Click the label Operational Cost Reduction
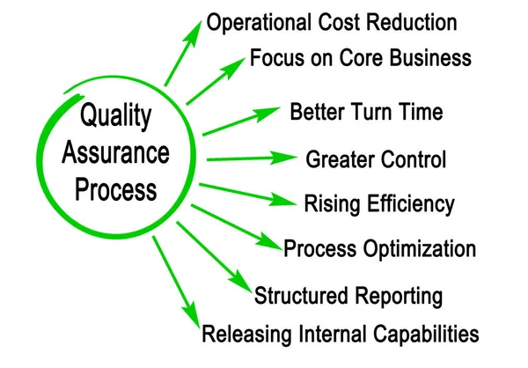coord(332,22)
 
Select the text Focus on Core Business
coord(361,59)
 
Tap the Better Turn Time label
coord(366,113)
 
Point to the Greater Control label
coord(376,160)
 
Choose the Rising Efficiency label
coord(379,205)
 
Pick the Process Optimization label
coord(379,249)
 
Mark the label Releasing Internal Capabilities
coord(341,335)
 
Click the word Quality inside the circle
coord(115,115)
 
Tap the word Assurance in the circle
coord(115,152)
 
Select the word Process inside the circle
coord(115,189)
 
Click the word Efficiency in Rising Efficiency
coord(412,205)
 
